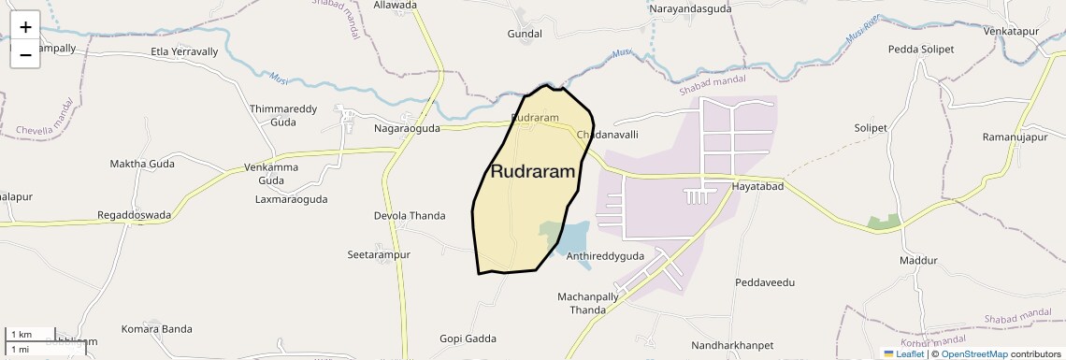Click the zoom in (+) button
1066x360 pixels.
click(x=25, y=27)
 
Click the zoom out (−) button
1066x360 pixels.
click(x=25, y=55)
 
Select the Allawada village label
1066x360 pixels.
click(x=395, y=6)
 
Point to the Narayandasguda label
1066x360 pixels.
click(x=690, y=8)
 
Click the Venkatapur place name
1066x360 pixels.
click(x=1011, y=31)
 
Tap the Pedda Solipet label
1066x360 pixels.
click(x=921, y=49)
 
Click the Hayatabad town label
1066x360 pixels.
click(x=756, y=187)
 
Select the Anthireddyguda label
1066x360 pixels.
click(x=606, y=255)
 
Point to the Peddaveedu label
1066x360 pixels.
click(x=764, y=281)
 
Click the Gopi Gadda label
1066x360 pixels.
click(x=468, y=338)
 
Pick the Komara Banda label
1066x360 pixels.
click(x=156, y=329)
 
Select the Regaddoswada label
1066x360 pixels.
click(x=134, y=215)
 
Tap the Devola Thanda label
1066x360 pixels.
click(x=410, y=216)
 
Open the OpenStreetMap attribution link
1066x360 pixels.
click(x=973, y=354)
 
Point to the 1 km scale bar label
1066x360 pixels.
click(x=22, y=335)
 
